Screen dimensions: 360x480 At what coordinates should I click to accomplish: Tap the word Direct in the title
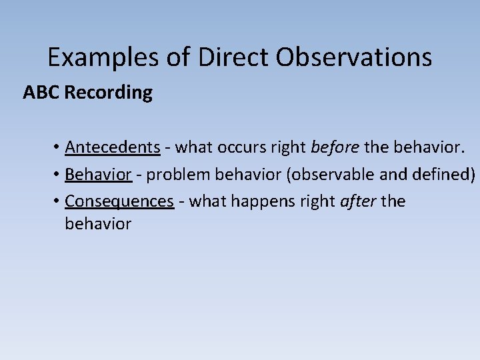pos(233,58)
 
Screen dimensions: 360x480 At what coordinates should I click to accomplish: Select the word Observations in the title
pos(354,58)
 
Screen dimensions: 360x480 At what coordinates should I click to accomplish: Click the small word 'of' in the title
pos(179,58)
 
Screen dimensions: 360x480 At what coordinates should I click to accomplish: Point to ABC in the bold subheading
pos(41,93)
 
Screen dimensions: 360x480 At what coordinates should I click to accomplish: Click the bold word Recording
pos(109,93)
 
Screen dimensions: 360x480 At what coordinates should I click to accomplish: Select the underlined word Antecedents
pos(113,147)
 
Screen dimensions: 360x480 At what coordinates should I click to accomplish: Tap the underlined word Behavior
pos(98,175)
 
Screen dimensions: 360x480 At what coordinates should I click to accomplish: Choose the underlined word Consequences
pos(119,201)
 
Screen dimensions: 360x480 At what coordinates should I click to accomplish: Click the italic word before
pos(333,147)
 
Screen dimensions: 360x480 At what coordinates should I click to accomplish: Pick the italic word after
pos(358,201)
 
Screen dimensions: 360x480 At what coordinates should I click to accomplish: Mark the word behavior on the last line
pos(98,224)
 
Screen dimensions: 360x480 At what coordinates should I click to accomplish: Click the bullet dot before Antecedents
pos(58,148)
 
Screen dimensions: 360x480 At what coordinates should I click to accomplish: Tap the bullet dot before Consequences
pos(58,202)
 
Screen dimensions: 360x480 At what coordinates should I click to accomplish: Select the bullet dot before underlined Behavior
pos(58,175)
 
